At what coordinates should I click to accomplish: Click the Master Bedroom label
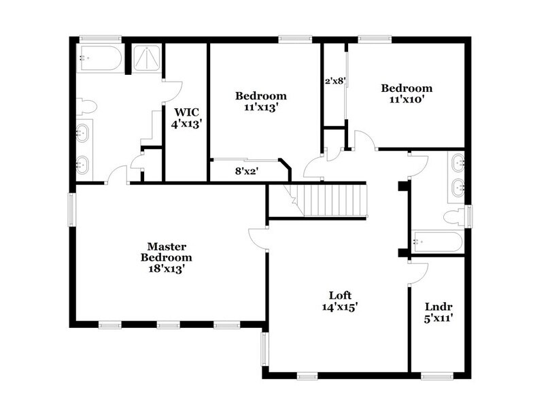(166, 257)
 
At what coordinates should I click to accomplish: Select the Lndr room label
(439, 312)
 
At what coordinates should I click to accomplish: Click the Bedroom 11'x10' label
(407, 94)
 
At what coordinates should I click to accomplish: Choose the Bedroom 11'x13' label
(261, 101)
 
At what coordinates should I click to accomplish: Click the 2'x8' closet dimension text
(335, 81)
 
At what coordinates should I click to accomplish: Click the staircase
(333, 199)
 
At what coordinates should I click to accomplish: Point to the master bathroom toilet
(86, 106)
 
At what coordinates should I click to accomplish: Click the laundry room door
(417, 271)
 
